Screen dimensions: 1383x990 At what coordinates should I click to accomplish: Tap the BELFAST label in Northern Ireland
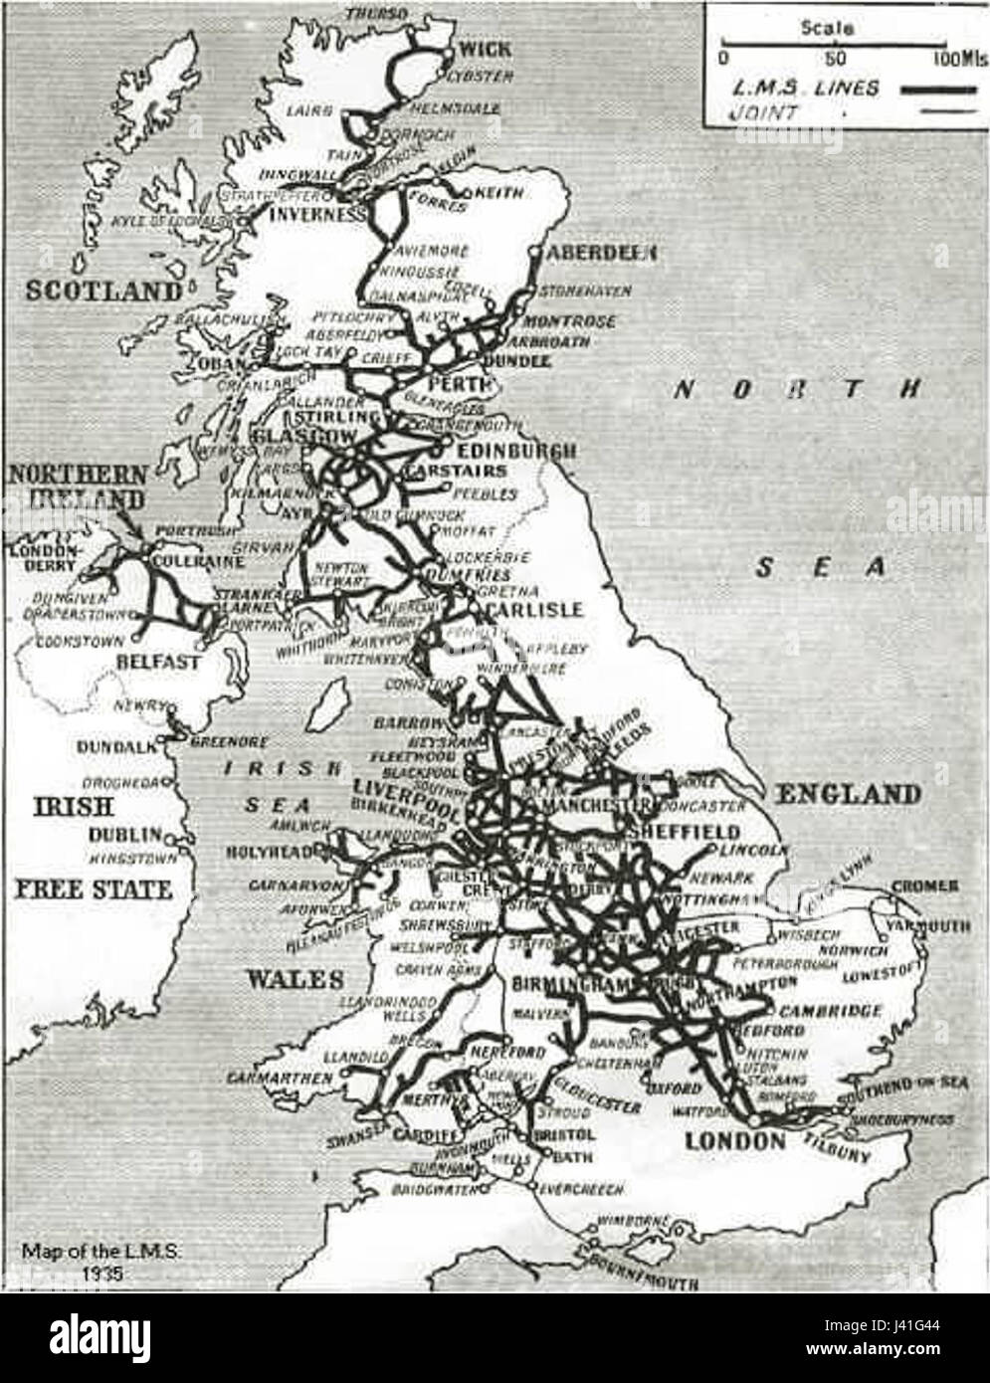(x=159, y=661)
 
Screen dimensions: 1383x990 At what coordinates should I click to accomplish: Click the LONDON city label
(x=734, y=1140)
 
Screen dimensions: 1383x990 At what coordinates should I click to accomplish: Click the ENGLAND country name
(x=847, y=794)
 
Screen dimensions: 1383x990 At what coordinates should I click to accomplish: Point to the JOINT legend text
(x=763, y=113)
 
